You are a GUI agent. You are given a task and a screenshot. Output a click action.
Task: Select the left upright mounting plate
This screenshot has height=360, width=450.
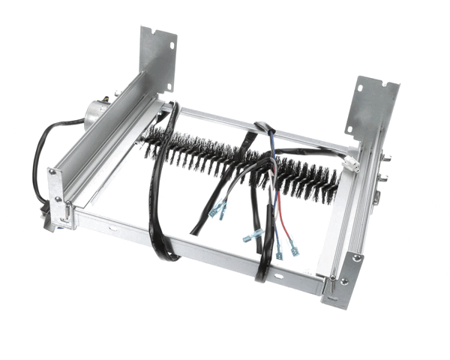pos(157,56)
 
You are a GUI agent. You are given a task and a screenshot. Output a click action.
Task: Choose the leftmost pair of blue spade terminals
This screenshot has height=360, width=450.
pos(218,211)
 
